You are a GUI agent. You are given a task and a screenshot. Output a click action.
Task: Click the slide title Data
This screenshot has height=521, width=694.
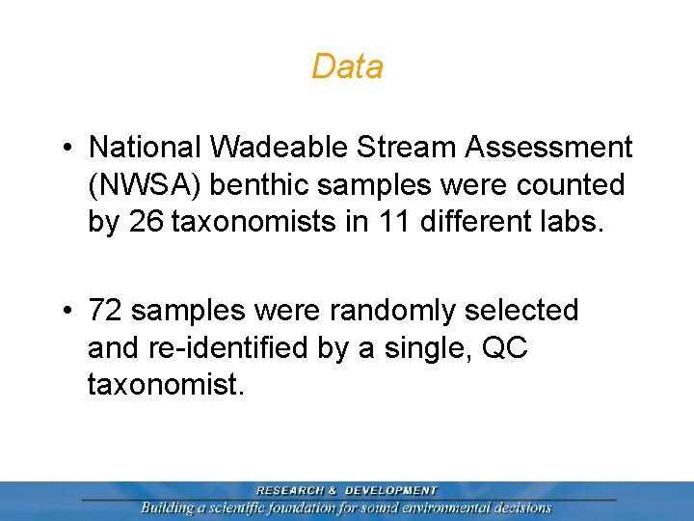pyautogui.click(x=347, y=67)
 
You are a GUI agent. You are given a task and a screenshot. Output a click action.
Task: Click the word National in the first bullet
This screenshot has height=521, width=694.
pyautogui.click(x=145, y=148)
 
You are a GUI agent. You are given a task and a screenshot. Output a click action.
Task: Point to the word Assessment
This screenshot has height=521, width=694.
pyautogui.click(x=549, y=148)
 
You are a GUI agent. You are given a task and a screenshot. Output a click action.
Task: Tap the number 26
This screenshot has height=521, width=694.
pyautogui.click(x=145, y=222)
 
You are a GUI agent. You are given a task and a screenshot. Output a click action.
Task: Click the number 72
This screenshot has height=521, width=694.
pyautogui.click(x=105, y=311)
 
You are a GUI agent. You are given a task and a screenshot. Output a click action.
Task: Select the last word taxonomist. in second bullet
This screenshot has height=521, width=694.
pyautogui.click(x=166, y=385)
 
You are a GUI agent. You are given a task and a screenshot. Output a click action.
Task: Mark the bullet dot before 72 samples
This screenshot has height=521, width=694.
pyautogui.click(x=67, y=311)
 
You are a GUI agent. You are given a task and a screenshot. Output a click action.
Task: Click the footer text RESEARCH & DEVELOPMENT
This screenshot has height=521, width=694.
pyautogui.click(x=346, y=491)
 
